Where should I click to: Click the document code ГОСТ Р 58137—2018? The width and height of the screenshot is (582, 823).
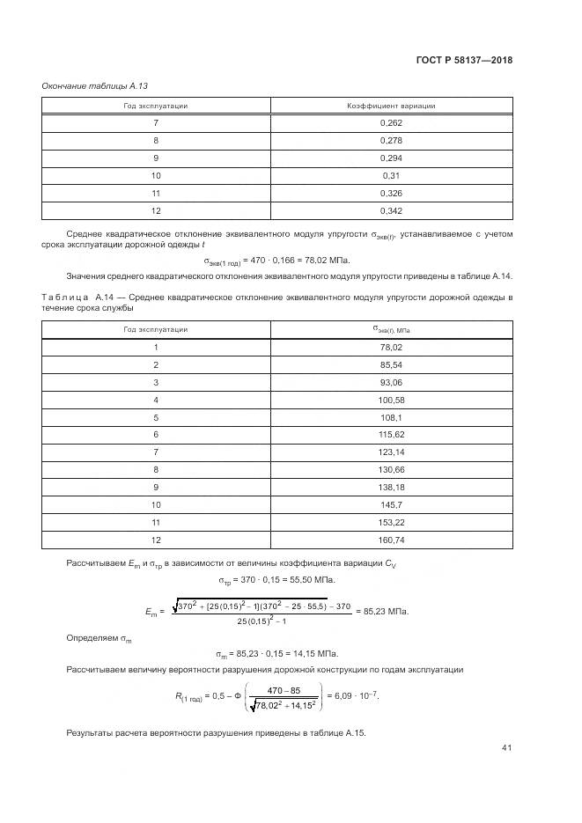coord(464,61)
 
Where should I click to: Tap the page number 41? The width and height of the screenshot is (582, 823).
coord(506,748)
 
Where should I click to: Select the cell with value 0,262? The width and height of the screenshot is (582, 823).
coord(391,123)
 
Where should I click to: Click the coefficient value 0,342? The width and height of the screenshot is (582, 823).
coord(391,211)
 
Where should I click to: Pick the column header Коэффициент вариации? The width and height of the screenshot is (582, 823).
coord(391,106)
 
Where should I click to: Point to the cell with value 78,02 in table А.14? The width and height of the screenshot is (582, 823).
coord(391,347)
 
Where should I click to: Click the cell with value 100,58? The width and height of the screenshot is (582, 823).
coord(391,400)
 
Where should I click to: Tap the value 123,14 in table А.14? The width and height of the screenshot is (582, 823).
coord(391,453)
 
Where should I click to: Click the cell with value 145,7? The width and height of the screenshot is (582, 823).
coord(391,506)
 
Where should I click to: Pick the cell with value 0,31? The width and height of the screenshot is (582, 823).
coord(391,176)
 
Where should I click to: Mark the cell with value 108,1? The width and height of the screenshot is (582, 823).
coord(391,418)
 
